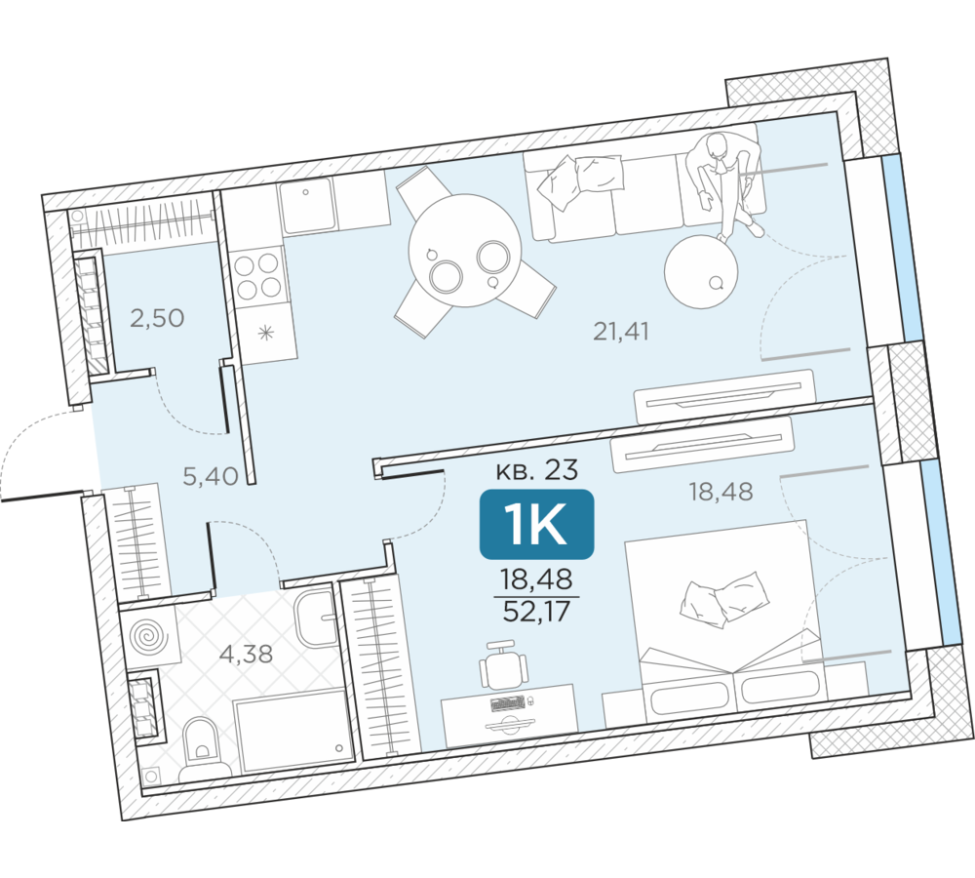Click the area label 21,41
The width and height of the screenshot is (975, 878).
point(620,332)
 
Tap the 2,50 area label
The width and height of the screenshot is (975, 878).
point(157,318)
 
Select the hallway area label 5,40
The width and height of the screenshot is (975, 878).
point(211,477)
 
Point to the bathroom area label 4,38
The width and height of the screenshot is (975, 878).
point(247,654)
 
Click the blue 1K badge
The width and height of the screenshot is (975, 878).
point(536,523)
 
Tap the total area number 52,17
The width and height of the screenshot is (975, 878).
point(536,612)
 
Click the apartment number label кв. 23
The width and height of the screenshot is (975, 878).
point(536,470)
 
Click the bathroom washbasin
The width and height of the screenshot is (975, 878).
point(316,619)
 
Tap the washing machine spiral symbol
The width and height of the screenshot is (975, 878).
point(148,638)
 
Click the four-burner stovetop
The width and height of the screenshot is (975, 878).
point(256,276)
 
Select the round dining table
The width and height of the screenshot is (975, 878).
point(464,250)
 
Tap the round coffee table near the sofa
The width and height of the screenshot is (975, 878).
point(701,270)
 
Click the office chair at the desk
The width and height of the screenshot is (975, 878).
point(503,665)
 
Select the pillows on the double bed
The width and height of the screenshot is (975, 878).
point(725,600)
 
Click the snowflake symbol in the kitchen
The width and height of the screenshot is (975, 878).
point(266,335)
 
